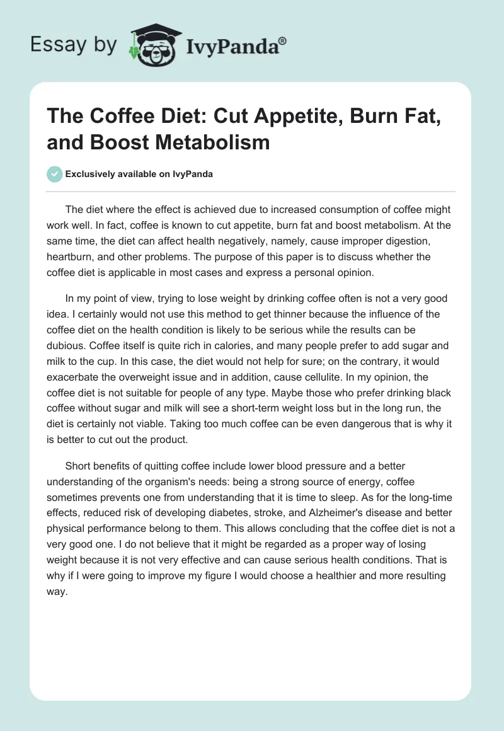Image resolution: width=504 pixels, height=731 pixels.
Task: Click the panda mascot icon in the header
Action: point(151,43)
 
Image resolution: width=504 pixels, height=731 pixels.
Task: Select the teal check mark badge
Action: point(55,175)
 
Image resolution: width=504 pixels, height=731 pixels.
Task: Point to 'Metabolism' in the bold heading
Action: point(212,142)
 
